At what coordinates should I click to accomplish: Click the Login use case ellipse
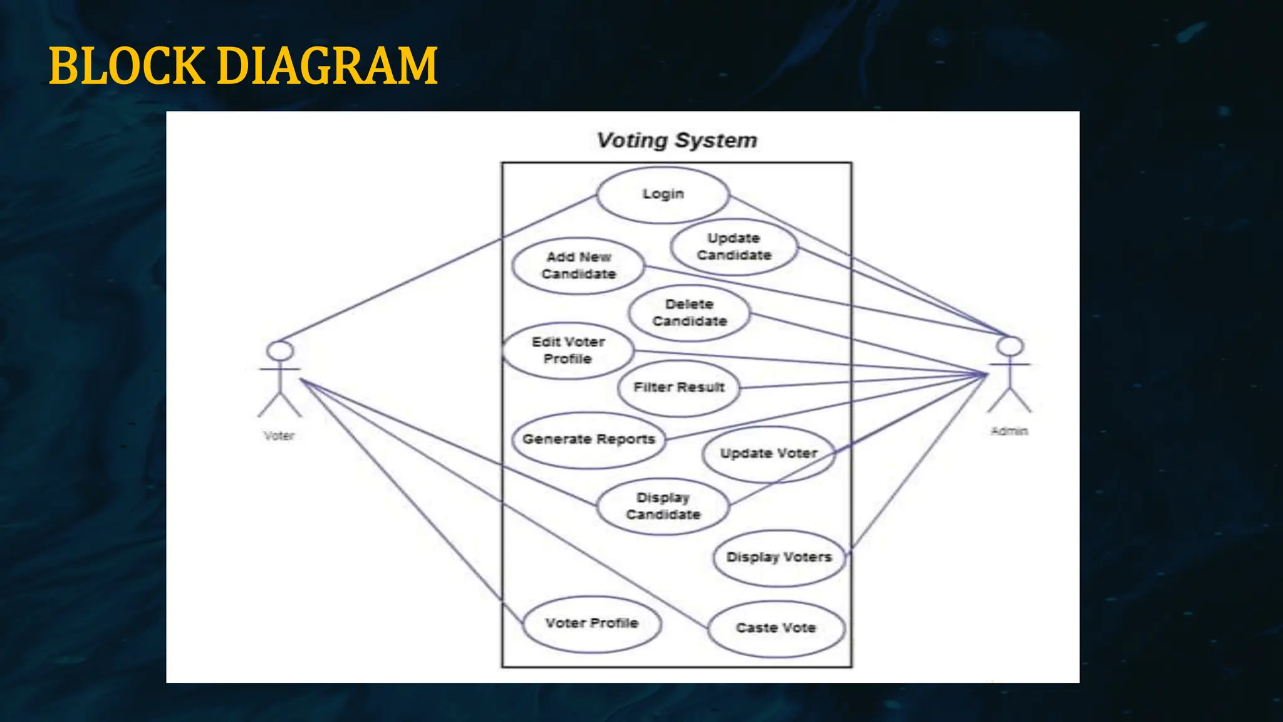(x=663, y=194)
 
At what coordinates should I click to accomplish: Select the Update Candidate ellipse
(x=734, y=247)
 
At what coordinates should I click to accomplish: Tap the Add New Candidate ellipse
(x=578, y=266)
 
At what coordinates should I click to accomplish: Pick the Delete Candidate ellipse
(x=689, y=313)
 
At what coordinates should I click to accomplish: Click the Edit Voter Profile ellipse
(x=568, y=350)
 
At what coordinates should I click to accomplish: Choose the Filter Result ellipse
(x=678, y=388)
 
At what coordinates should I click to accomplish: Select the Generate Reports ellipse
(x=589, y=439)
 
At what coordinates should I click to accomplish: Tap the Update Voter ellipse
(x=769, y=454)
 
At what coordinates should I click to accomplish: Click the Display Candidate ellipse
(x=663, y=506)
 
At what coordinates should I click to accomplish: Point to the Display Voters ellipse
(x=779, y=557)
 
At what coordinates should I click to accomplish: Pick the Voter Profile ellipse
(x=591, y=624)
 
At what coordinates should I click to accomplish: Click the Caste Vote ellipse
(x=776, y=628)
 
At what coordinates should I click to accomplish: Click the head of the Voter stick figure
(x=280, y=351)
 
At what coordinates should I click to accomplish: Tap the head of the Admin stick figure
(x=1010, y=346)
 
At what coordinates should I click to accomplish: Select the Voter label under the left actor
(x=279, y=436)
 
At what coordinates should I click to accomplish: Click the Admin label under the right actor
(x=1009, y=431)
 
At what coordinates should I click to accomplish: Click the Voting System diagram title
(x=677, y=140)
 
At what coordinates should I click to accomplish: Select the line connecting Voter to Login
(x=439, y=268)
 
